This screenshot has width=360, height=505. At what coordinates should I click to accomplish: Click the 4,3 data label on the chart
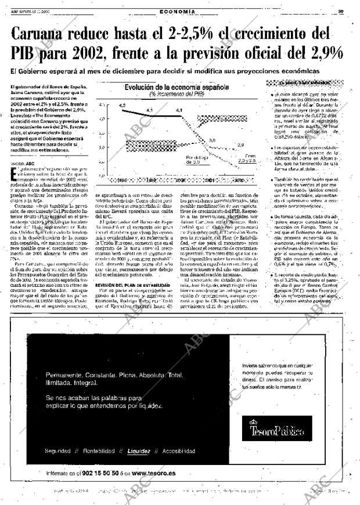point(122,105)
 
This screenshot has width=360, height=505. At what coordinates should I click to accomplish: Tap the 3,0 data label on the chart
point(212,141)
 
